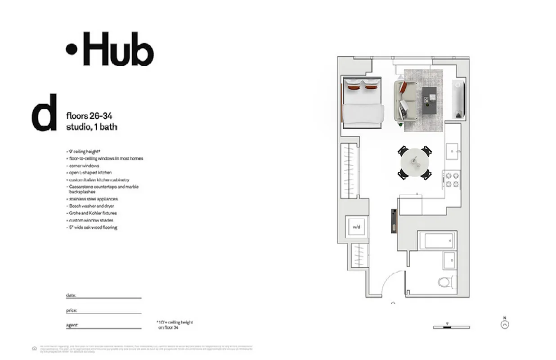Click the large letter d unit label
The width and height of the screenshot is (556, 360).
(44, 112)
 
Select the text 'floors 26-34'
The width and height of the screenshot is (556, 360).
(89, 117)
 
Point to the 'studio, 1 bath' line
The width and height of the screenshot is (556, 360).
(91, 127)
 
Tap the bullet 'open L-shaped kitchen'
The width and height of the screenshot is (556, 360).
(90, 172)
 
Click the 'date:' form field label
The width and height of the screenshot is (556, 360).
(71, 295)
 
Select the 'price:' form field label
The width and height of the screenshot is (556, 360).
(72, 310)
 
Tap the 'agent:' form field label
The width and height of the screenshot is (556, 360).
(72, 324)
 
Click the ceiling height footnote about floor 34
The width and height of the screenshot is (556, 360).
(175, 325)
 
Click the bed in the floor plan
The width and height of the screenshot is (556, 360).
(363, 103)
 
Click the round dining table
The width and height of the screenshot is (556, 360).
(415, 162)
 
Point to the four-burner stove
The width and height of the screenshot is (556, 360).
(452, 179)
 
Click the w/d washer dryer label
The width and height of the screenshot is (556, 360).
(356, 226)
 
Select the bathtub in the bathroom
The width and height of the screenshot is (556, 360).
(437, 240)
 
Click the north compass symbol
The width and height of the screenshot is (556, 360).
(505, 323)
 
